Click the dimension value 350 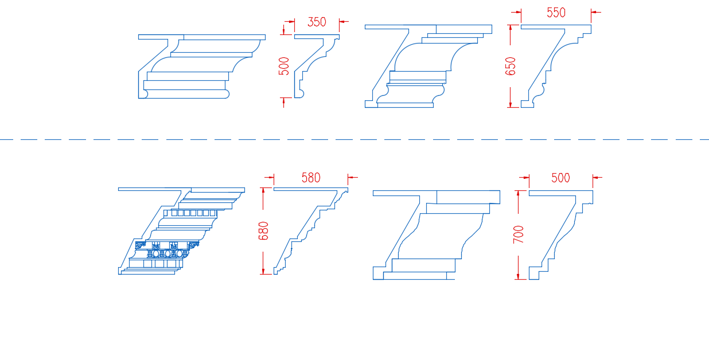pyautogui.click(x=317, y=22)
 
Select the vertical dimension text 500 pyautogui.click(x=284, y=66)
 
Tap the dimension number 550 pyautogui.click(x=556, y=13)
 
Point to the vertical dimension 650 pyautogui.click(x=510, y=66)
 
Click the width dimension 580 pyautogui.click(x=311, y=178)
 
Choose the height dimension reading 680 pyautogui.click(x=263, y=231)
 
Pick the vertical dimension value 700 pyautogui.click(x=519, y=234)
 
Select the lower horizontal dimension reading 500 pyautogui.click(x=560, y=178)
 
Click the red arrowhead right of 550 pyautogui.click(x=594, y=13)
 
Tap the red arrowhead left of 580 pyautogui.click(x=271, y=178)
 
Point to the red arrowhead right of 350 pyautogui.click(x=342, y=22)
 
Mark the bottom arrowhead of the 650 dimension pyautogui.click(x=510, y=104)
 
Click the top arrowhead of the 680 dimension pyautogui.click(x=263, y=191)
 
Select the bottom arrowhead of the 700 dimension pyautogui.click(x=518, y=276)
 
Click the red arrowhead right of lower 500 pyautogui.click(x=595, y=178)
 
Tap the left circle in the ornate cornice pyautogui.click(x=155, y=254)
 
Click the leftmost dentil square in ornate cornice pyautogui.click(x=174, y=213)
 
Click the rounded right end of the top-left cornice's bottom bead pyautogui.click(x=227, y=94)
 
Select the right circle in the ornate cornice pyautogui.click(x=180, y=253)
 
